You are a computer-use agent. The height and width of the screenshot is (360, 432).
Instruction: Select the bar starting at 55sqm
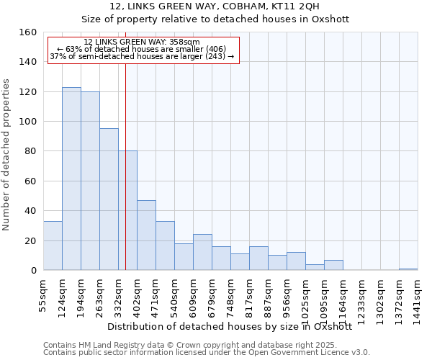[x=53, y=246]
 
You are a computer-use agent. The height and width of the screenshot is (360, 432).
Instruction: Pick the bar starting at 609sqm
[x=202, y=252]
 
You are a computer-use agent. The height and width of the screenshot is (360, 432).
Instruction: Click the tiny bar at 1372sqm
[x=408, y=269]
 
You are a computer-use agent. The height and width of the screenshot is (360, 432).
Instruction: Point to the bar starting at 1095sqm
[x=333, y=265]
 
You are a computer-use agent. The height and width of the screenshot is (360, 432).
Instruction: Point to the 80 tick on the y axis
[x=31, y=151]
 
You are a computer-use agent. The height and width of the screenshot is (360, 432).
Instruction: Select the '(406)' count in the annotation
[x=216, y=49]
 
